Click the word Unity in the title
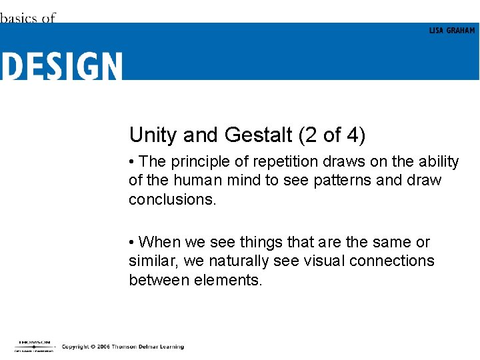153,135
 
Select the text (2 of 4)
331,135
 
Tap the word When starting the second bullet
159,242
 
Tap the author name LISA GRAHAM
452,31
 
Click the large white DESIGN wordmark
61,66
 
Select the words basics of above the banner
27,18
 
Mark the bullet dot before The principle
133,162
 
